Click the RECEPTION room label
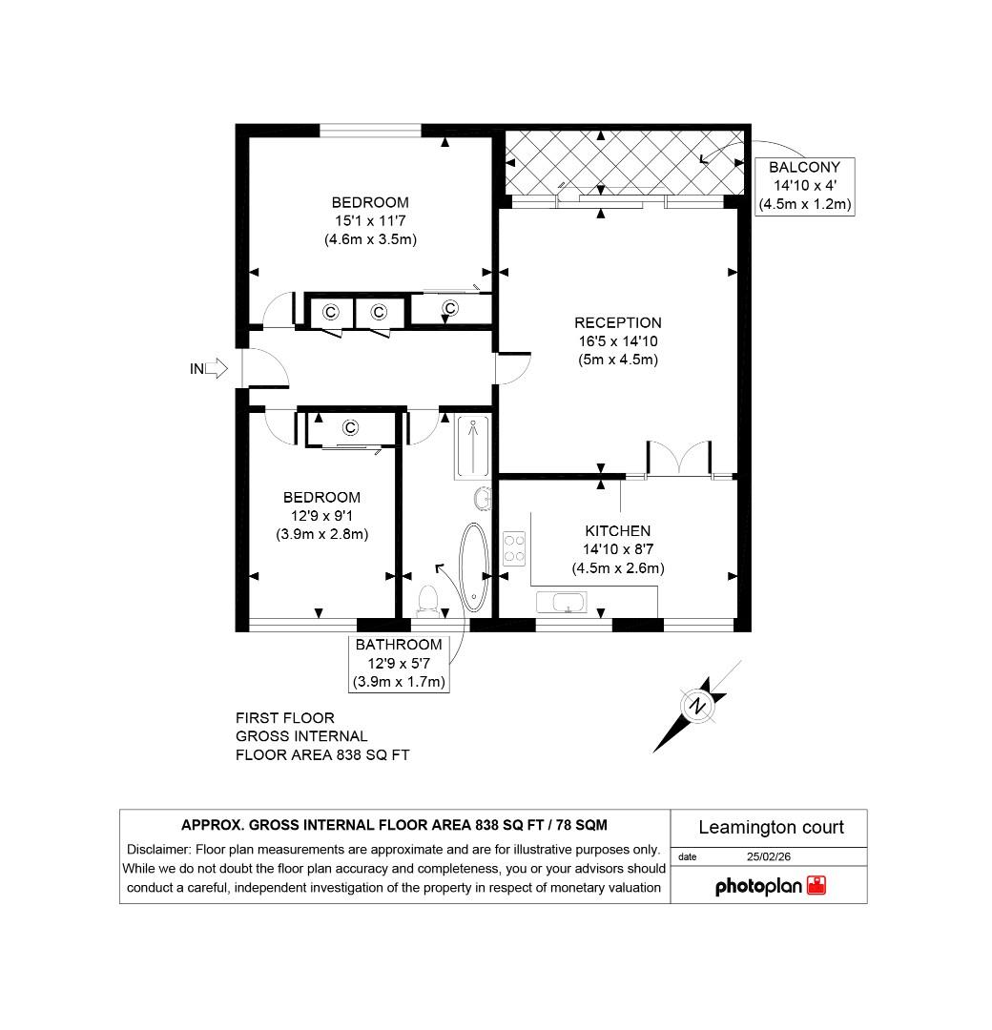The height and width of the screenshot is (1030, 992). point(618,323)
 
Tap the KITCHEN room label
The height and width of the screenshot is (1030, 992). point(618,531)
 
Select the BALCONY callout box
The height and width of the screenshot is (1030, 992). point(804,186)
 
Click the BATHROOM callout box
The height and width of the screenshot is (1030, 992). point(399,663)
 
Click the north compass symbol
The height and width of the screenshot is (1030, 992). point(697,708)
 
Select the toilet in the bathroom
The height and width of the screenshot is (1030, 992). point(428,599)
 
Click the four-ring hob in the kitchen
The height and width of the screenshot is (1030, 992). point(514,547)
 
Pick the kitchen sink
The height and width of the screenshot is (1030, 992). point(562,603)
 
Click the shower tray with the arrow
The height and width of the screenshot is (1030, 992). point(472,446)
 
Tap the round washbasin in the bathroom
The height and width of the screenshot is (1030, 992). point(484,498)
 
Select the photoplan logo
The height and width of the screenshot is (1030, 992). point(770,886)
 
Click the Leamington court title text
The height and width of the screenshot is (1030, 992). point(771,827)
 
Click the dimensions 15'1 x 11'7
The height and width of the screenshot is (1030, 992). point(370,221)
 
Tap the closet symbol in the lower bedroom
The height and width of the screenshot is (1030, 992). point(349,426)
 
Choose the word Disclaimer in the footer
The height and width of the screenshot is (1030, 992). point(158,850)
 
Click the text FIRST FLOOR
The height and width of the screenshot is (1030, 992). point(284,718)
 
